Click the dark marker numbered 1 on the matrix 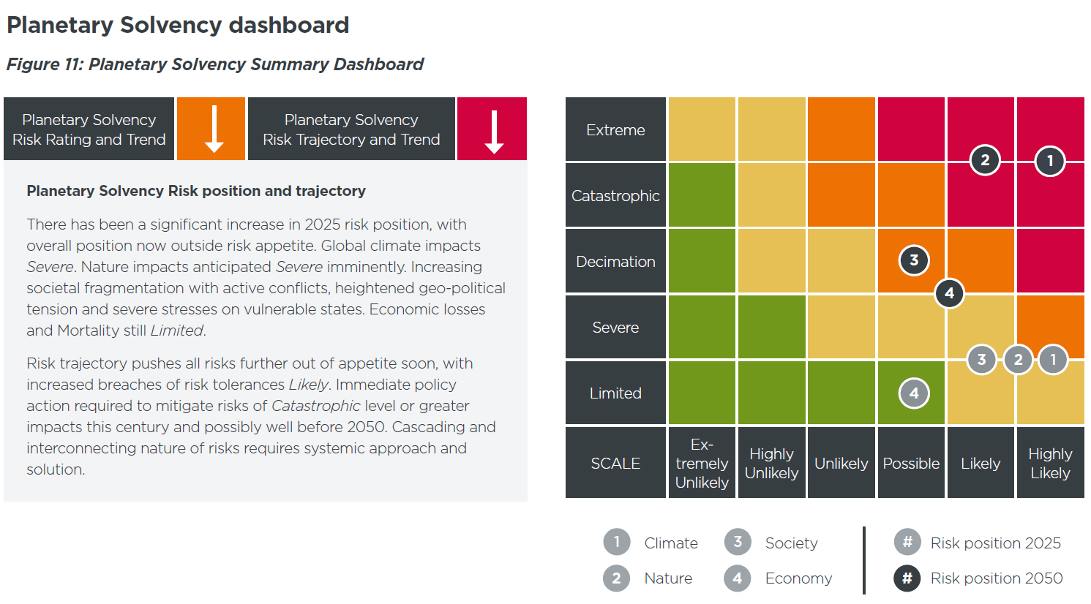click(x=1050, y=161)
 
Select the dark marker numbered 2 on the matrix click(x=985, y=160)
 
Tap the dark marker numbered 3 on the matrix click(x=914, y=260)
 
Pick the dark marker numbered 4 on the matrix click(x=949, y=293)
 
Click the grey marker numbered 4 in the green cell click(x=914, y=393)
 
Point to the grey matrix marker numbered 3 click(x=982, y=359)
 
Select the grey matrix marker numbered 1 click(x=1053, y=359)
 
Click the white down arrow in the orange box click(x=214, y=129)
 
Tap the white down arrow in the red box click(x=495, y=132)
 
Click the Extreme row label click(x=615, y=130)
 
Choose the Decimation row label click(x=615, y=262)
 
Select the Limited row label click(x=615, y=393)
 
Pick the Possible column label click(x=911, y=464)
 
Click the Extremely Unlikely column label click(x=702, y=464)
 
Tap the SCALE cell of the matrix click(x=615, y=464)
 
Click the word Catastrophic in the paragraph click(x=316, y=406)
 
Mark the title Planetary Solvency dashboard click(x=178, y=25)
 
